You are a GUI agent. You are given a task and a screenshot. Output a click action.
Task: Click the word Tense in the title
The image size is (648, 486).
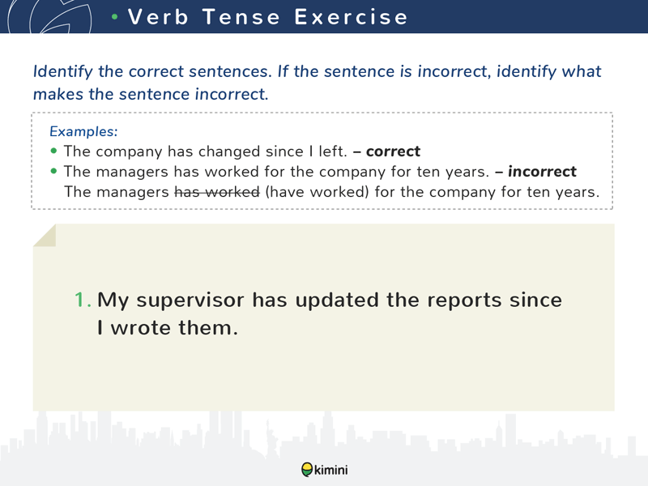coord(241,17)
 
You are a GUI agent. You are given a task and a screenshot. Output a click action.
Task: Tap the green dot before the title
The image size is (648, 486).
coord(115,17)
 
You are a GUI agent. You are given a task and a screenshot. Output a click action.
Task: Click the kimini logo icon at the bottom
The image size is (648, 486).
coord(307,470)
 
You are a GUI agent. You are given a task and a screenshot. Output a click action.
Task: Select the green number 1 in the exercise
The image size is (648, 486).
coord(83,300)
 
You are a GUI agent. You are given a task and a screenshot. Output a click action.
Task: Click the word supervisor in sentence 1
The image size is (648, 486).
coord(190,301)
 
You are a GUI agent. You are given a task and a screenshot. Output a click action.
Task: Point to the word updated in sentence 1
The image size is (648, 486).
coord(337,300)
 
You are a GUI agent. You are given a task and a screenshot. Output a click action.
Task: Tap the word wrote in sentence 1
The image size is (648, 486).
coord(140,328)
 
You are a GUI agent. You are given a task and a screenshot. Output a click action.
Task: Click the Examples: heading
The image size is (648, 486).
coord(83,131)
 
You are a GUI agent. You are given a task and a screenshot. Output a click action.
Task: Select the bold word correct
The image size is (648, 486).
coord(393,151)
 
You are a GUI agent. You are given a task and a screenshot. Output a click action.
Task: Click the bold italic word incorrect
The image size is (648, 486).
coord(542,172)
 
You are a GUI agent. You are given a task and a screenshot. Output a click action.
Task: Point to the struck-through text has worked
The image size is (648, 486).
coord(217,192)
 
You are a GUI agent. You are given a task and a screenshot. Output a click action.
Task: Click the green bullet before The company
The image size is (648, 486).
coord(53,151)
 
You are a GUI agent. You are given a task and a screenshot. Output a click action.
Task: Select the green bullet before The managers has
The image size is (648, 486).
coord(53,171)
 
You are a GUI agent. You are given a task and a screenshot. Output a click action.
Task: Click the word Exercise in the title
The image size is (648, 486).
coord(351,17)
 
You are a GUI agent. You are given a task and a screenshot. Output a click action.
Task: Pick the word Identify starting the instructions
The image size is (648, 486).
coord(63,71)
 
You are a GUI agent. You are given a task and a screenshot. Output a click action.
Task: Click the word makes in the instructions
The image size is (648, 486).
coord(58,94)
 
